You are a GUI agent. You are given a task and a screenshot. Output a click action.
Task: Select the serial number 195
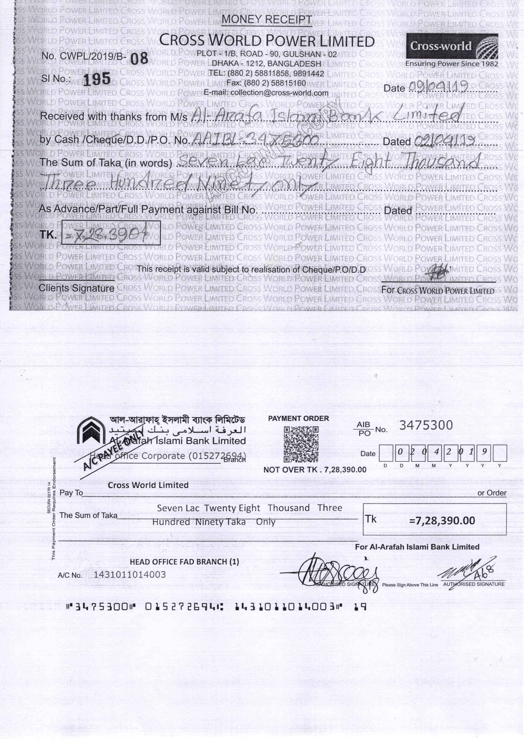(97, 79)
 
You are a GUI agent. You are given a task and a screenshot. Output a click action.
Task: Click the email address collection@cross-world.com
(266, 93)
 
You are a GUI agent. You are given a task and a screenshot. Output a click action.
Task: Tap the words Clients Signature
(76, 288)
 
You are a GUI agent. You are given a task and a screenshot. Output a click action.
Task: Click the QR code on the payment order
(301, 444)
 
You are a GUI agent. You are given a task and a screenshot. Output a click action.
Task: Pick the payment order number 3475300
(426, 425)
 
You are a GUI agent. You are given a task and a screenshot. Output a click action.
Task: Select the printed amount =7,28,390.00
(442, 521)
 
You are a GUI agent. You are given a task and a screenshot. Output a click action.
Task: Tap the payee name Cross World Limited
(148, 485)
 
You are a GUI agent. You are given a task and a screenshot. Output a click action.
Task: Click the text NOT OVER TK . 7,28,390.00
(315, 470)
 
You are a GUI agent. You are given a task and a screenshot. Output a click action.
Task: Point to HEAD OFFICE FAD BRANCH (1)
(184, 562)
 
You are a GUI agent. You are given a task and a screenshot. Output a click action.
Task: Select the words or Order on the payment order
(492, 493)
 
